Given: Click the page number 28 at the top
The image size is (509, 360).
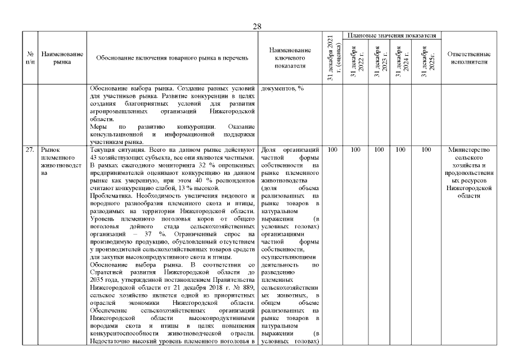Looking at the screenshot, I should click(x=257, y=26).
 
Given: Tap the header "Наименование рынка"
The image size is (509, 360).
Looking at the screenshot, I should click(x=62, y=58).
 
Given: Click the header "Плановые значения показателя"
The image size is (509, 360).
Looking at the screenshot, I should click(x=392, y=35).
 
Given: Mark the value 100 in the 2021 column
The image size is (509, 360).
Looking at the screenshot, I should click(x=332, y=150).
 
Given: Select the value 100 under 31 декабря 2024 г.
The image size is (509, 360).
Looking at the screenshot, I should click(x=403, y=150).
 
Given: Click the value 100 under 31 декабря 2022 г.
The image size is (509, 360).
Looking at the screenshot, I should click(x=355, y=150).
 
